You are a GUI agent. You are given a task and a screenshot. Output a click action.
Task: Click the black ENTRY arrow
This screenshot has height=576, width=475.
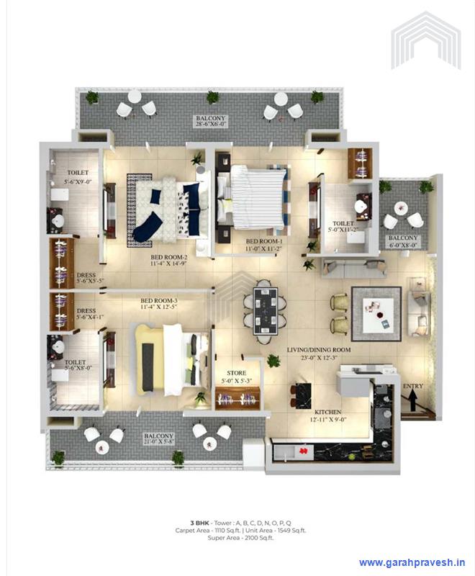412,405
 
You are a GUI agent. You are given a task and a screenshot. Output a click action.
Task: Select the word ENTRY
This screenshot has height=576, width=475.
413,387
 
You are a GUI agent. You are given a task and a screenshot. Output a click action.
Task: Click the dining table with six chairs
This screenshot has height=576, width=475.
265,308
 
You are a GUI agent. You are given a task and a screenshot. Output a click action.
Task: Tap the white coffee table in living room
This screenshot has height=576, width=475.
376,310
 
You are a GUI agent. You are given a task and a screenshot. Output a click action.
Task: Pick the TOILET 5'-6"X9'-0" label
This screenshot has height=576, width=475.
78,178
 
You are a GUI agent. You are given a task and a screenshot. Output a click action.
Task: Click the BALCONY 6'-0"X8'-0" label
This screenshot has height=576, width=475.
402,241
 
